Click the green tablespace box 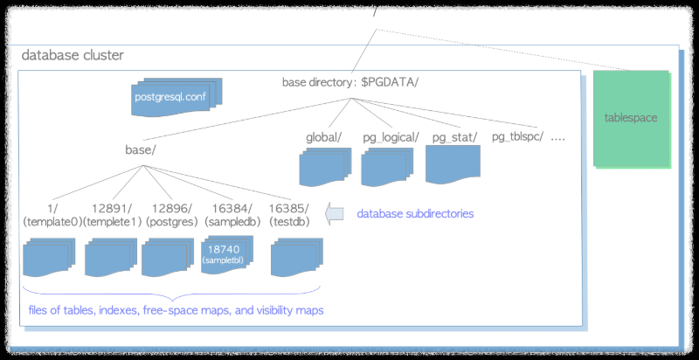point(631,117)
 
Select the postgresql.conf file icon point(170,97)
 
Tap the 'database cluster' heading point(73,55)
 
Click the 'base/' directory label point(140,150)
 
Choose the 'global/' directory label point(324,137)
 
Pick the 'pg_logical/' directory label point(391,137)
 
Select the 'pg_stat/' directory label point(453,137)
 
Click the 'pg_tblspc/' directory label point(518,137)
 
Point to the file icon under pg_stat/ point(453,164)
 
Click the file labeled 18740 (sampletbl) point(225,254)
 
